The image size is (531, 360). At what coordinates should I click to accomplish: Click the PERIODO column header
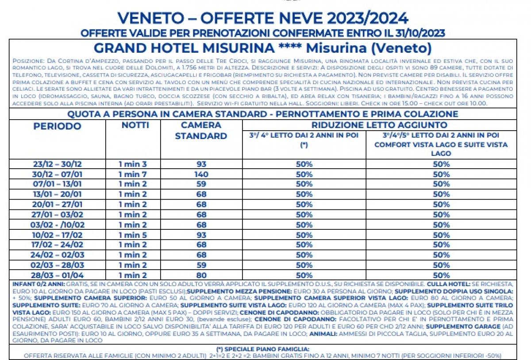(x=58, y=126)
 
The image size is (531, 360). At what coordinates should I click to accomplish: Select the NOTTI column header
(x=135, y=125)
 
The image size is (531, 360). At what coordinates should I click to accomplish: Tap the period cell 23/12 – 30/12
(x=58, y=164)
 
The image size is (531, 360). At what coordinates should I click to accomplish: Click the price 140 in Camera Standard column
(x=201, y=174)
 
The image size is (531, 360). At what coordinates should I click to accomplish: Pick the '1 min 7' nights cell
(x=132, y=174)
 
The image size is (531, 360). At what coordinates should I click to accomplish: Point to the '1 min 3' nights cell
(x=132, y=164)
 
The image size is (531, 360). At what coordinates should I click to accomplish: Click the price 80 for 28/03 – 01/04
(x=201, y=275)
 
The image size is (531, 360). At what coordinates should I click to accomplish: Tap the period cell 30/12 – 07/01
(x=58, y=174)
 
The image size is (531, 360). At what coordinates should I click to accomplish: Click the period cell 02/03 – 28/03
(x=58, y=265)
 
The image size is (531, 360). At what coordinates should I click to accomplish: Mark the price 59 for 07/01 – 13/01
(x=201, y=184)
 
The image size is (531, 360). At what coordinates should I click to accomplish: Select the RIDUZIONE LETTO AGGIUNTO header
(x=379, y=125)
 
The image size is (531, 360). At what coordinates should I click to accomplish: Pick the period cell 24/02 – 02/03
(x=58, y=255)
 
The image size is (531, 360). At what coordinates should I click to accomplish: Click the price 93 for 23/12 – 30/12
(x=201, y=164)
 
